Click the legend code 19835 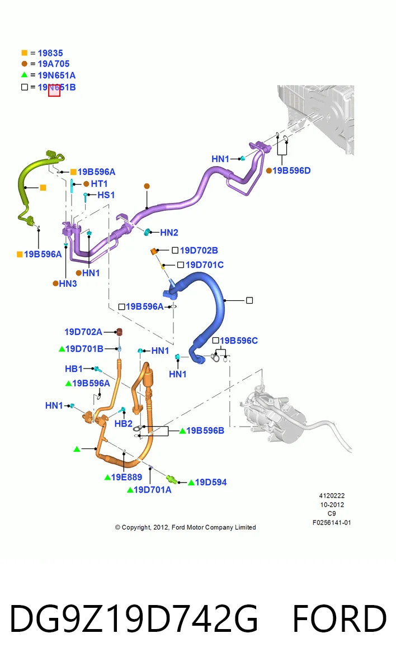tap(50, 53)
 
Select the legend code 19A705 tap(54, 64)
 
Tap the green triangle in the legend tap(24, 74)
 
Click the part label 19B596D tap(291, 171)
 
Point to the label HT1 tap(99, 183)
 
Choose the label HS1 tap(106, 195)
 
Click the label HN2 tap(169, 233)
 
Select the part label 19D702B tap(199, 251)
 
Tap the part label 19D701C tap(205, 265)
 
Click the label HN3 tap(68, 283)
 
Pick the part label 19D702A tap(83, 332)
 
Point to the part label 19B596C tap(239, 341)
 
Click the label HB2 tap(124, 424)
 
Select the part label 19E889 tap(126, 477)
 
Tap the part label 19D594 tap(211, 482)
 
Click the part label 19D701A tap(153, 490)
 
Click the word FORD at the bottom tap(340, 618)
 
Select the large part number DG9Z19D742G tap(134, 618)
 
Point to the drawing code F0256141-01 tap(332, 523)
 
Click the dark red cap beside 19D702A tap(119, 332)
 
